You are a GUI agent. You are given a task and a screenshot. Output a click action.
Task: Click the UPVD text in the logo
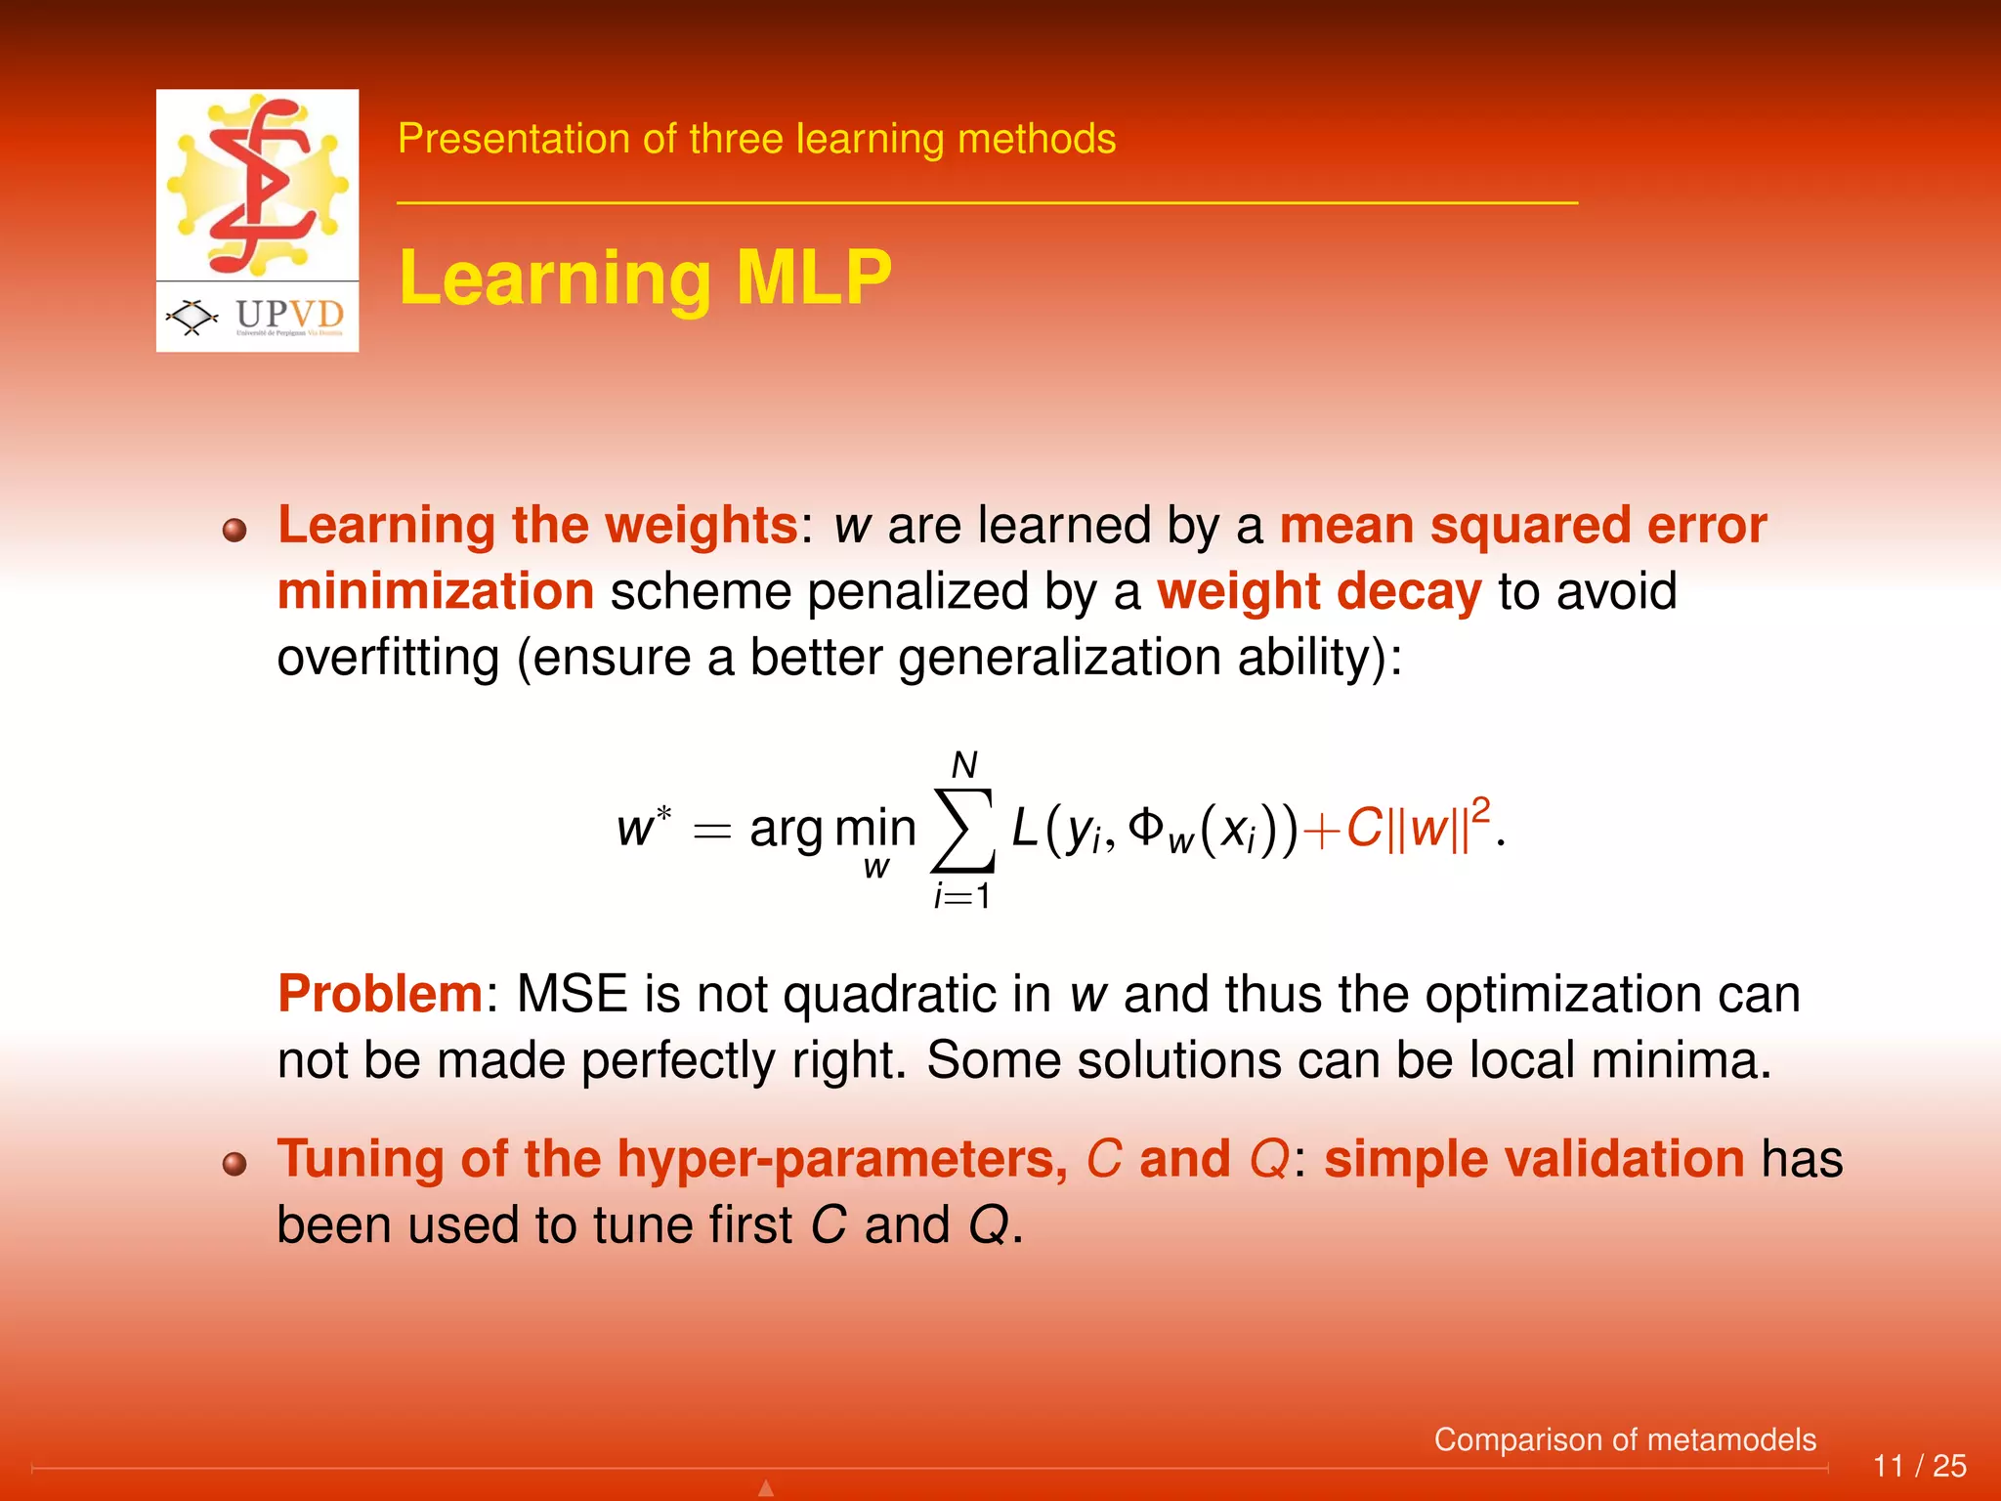[x=289, y=315]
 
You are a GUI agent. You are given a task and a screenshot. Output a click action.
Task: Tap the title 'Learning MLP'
[x=645, y=278]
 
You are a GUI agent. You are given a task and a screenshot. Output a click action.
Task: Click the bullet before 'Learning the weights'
[x=234, y=531]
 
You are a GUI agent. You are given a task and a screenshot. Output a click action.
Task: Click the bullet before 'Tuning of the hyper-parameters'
[x=234, y=1164]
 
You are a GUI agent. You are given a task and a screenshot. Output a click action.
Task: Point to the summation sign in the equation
[x=963, y=830]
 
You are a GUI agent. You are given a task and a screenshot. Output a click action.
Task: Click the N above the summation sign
[x=964, y=765]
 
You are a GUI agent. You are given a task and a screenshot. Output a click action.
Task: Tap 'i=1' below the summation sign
[x=962, y=896]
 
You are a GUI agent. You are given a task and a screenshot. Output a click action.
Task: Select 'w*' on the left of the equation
[x=643, y=828]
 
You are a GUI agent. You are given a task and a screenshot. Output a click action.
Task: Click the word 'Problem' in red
[x=380, y=994]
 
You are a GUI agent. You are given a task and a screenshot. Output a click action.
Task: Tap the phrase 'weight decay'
[x=1319, y=592]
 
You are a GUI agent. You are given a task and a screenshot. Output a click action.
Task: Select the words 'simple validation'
[x=1533, y=1159]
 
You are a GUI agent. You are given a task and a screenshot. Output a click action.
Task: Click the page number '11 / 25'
[x=1919, y=1466]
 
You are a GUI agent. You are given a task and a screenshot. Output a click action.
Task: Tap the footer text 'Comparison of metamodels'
[x=1624, y=1439]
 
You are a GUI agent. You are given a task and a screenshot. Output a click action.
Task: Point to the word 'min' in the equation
[x=875, y=828]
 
